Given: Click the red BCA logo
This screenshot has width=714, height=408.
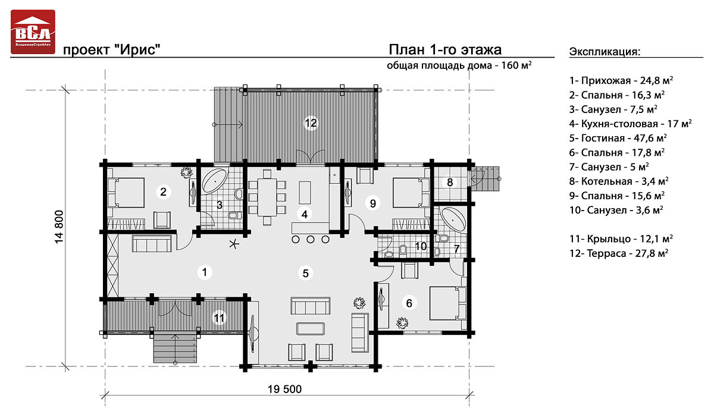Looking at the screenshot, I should pos(33,32).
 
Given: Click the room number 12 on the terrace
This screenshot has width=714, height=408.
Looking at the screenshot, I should pos(311,123).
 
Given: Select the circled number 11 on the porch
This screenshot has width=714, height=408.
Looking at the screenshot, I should pos(220,319).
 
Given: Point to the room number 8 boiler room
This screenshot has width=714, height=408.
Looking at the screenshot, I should pos(450,182).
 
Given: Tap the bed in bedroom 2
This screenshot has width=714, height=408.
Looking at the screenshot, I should pos(126,192).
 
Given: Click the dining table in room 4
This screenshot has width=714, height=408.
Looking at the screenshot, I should pos(268,196).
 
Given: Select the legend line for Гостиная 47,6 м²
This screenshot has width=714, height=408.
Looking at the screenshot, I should pos(615,138).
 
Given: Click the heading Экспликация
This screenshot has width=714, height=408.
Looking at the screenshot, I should pos(605,51).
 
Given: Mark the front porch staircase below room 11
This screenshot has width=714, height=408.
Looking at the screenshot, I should pos(174,349).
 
